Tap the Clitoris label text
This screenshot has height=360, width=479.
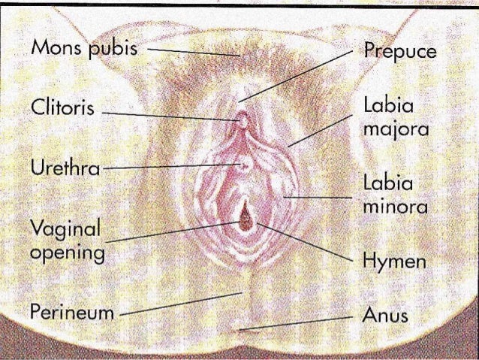62,107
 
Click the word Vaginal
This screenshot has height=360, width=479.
65,227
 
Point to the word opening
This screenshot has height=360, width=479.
68,252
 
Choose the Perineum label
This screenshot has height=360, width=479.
72,312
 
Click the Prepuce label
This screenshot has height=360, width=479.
399,52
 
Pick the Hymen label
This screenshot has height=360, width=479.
394,262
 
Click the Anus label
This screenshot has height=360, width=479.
385,314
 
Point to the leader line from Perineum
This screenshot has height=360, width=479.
180,302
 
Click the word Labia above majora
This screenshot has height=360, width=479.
384,107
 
